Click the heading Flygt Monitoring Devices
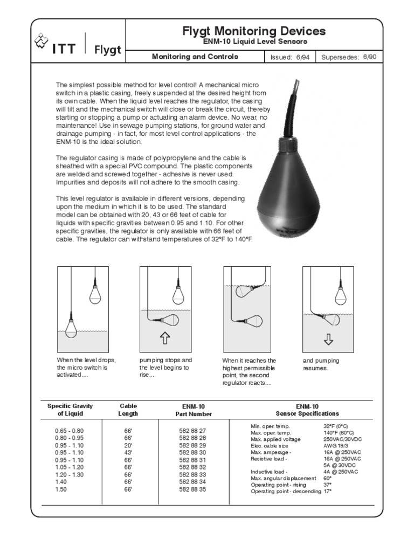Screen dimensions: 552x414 tap(254, 31)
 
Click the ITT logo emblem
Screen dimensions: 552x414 tap(42, 42)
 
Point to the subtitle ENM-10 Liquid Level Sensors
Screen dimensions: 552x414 tap(254, 42)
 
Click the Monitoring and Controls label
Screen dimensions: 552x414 tap(195, 57)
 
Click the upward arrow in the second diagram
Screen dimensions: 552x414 tap(165, 338)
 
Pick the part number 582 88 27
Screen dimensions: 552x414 tap(192, 431)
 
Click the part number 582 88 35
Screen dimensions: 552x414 tap(192, 489)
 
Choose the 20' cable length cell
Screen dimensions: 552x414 tap(128, 446)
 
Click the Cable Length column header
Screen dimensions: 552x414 tap(128, 410)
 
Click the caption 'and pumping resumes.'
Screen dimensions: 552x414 tap(321, 364)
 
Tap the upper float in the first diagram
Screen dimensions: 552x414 tap(95, 294)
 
